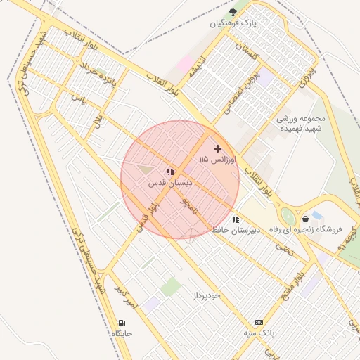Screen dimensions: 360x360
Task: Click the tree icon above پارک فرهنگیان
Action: tap(233, 12)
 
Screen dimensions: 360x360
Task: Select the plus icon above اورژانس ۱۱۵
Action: tap(217, 148)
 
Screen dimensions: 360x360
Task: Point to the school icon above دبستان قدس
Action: tap(170, 172)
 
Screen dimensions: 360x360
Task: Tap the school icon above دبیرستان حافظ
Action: tap(235, 219)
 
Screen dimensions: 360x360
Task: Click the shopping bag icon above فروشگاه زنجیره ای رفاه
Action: tap(304, 219)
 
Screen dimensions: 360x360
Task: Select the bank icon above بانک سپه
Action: tap(259, 321)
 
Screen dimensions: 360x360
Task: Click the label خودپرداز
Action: tap(207, 295)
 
